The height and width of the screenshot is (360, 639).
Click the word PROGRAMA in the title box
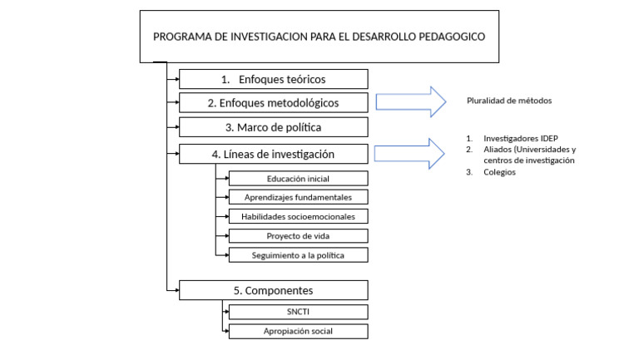179,37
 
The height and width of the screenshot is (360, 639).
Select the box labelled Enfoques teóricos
274,80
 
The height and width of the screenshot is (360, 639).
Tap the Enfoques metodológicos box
274,103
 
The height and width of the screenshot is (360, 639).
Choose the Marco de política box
274,127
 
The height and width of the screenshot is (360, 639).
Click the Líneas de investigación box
274,154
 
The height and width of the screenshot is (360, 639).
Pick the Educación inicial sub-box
298,179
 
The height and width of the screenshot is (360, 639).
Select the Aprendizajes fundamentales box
298,197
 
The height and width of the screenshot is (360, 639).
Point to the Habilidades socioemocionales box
298,216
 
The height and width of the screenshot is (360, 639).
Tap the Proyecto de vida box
298,236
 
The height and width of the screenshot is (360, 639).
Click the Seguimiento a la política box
298,255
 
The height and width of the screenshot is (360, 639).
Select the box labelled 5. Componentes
274,290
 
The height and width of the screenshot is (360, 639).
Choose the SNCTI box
298,312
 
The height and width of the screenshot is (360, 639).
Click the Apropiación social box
298,331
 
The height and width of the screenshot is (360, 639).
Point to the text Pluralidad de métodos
509,101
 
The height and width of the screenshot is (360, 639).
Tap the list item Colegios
499,172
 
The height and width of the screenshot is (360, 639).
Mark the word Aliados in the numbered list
498,149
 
